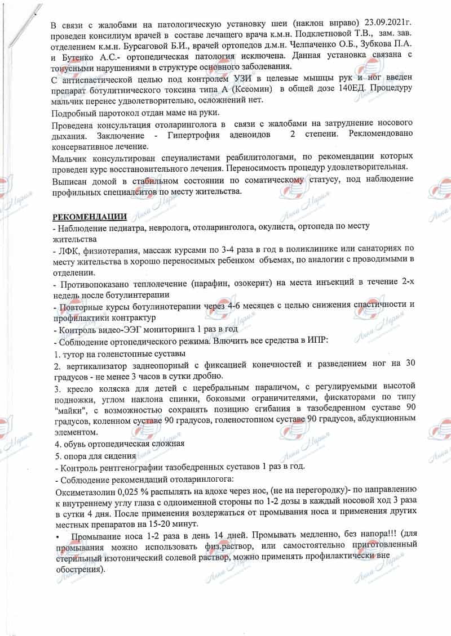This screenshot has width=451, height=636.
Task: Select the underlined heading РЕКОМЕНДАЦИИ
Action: [x=90, y=217]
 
